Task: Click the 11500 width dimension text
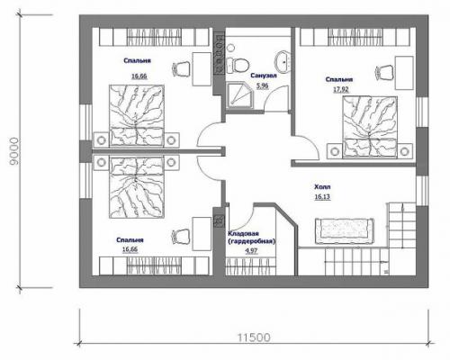(254, 337)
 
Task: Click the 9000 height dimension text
(14, 151)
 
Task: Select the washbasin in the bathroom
(282, 61)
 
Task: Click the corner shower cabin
(239, 95)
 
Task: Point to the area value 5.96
(262, 85)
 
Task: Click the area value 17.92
(341, 89)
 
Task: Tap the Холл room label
(322, 187)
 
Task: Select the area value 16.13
(322, 197)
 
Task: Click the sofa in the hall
(345, 231)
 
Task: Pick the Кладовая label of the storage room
(243, 233)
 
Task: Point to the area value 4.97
(251, 250)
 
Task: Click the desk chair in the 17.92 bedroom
(383, 72)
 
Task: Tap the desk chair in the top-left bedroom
(181, 68)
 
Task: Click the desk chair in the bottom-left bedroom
(181, 236)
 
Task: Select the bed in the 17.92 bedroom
(370, 127)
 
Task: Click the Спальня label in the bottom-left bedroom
(130, 240)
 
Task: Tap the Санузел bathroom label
(264, 76)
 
